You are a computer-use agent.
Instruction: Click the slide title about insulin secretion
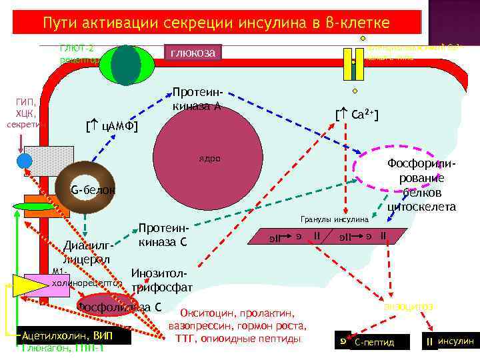pyautogui.click(x=217, y=23)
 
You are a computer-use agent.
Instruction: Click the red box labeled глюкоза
pyautogui.click(x=192, y=53)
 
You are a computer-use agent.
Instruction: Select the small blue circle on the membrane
pyautogui.click(x=25, y=161)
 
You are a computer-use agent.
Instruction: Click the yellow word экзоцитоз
pyautogui.click(x=409, y=306)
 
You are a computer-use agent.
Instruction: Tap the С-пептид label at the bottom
pyautogui.click(x=375, y=342)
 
